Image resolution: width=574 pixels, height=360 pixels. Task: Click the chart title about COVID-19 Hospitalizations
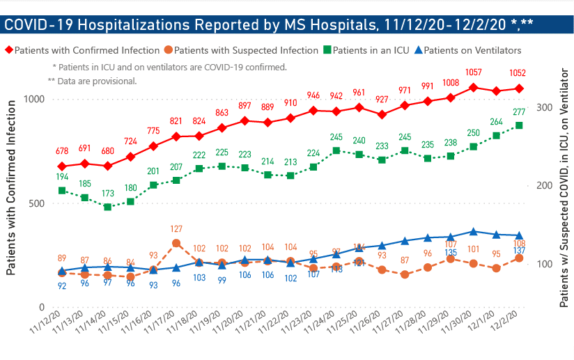269,25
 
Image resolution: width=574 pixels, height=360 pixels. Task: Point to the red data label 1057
474,72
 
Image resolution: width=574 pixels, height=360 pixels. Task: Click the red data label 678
61,151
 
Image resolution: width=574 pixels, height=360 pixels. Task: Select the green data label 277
518,112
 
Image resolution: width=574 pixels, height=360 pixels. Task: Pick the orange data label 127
176,228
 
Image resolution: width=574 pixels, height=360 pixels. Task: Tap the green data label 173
107,191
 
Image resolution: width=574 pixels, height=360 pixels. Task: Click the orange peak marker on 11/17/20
176,243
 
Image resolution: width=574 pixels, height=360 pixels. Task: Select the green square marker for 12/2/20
519,125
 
